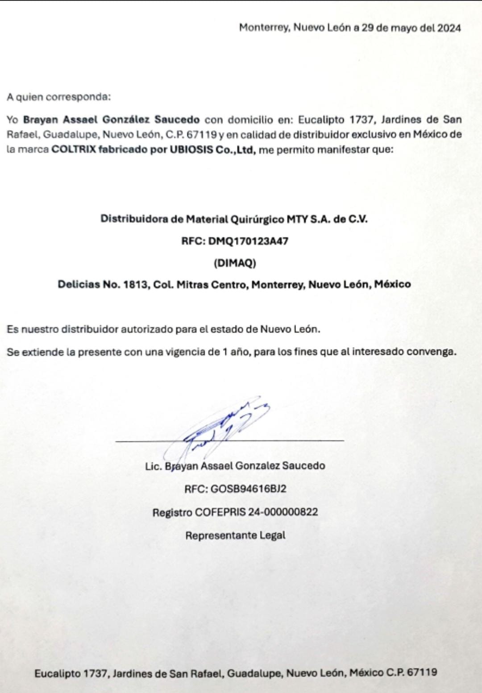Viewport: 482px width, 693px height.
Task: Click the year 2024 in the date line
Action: [449, 28]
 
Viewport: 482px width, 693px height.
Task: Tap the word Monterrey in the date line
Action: [264, 28]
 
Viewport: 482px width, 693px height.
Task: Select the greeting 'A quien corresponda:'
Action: [58, 96]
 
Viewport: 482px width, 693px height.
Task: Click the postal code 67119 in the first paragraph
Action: [203, 134]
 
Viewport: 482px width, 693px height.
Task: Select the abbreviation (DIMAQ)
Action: [235, 263]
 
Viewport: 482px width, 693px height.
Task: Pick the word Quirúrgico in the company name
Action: [257, 219]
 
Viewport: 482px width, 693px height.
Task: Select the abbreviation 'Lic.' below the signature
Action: [154, 466]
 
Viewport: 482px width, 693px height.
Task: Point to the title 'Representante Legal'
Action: [235, 535]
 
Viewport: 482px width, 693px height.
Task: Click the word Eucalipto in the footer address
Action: [58, 673]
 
